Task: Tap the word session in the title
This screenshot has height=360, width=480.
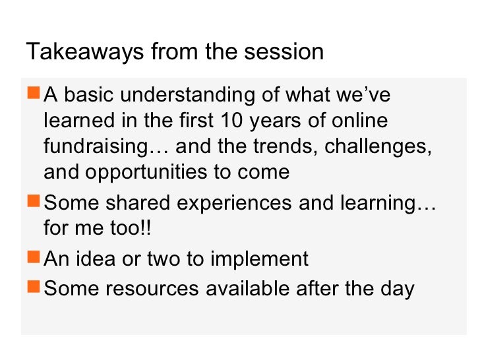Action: (x=287, y=52)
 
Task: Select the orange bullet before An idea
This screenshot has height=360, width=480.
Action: (x=34, y=258)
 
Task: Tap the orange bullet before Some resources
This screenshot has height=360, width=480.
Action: (x=34, y=288)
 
